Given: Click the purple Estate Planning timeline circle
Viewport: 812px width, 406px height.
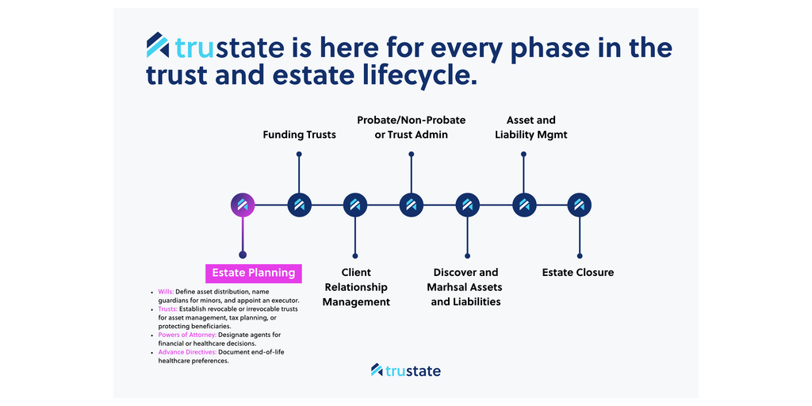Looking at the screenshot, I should pyautogui.click(x=243, y=205).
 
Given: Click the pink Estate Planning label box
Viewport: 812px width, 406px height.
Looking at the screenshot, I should pyautogui.click(x=254, y=273).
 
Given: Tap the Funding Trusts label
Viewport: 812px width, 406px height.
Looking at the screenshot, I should pyautogui.click(x=299, y=135).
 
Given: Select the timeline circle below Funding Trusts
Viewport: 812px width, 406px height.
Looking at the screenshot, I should pyautogui.click(x=299, y=205).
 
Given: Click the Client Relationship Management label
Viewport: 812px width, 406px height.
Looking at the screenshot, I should pyautogui.click(x=356, y=287).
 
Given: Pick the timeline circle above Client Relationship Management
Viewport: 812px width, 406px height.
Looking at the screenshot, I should pyautogui.click(x=355, y=205).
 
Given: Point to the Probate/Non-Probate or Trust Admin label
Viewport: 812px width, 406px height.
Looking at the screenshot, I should pyautogui.click(x=411, y=128).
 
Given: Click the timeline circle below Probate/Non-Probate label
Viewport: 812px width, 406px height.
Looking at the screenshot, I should pyautogui.click(x=411, y=205).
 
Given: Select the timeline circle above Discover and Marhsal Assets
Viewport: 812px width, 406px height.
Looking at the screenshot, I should pyautogui.click(x=467, y=205).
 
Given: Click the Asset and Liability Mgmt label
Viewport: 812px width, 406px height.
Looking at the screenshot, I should pyautogui.click(x=530, y=128).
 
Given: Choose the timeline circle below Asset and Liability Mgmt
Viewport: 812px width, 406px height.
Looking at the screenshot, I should pyautogui.click(x=523, y=205).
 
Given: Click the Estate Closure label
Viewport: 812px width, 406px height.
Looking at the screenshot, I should pyautogui.click(x=578, y=273).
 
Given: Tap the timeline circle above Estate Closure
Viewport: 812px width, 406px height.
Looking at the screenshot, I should pyautogui.click(x=580, y=205).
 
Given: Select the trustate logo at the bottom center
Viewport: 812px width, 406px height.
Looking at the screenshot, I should pyautogui.click(x=405, y=370).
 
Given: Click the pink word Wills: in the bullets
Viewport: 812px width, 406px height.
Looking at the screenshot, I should pyautogui.click(x=166, y=292).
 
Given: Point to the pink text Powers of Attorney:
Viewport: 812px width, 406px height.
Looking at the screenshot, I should pyautogui.click(x=187, y=335).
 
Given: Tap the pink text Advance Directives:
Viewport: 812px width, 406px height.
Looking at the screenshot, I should pyautogui.click(x=187, y=352).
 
